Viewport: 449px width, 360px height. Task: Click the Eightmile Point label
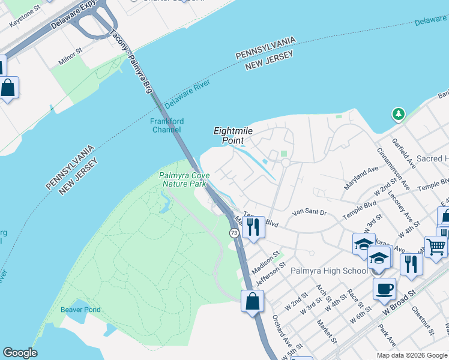[x=229, y=136]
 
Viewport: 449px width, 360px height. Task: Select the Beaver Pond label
[x=80, y=310]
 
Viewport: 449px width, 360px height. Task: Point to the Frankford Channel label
[x=167, y=125]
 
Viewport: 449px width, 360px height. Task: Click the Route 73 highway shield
[x=234, y=232]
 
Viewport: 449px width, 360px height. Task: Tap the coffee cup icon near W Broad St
[x=384, y=289]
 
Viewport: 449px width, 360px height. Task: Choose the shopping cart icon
[x=436, y=245]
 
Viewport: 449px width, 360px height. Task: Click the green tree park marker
[x=397, y=113]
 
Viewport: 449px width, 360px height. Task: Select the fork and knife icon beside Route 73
[x=253, y=227]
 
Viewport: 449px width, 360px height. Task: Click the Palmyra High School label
[x=329, y=271]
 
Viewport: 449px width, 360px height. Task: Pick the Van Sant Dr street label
[x=310, y=212]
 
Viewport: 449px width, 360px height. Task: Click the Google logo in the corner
[x=20, y=353]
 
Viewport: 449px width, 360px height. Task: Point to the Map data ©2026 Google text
[x=411, y=355]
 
